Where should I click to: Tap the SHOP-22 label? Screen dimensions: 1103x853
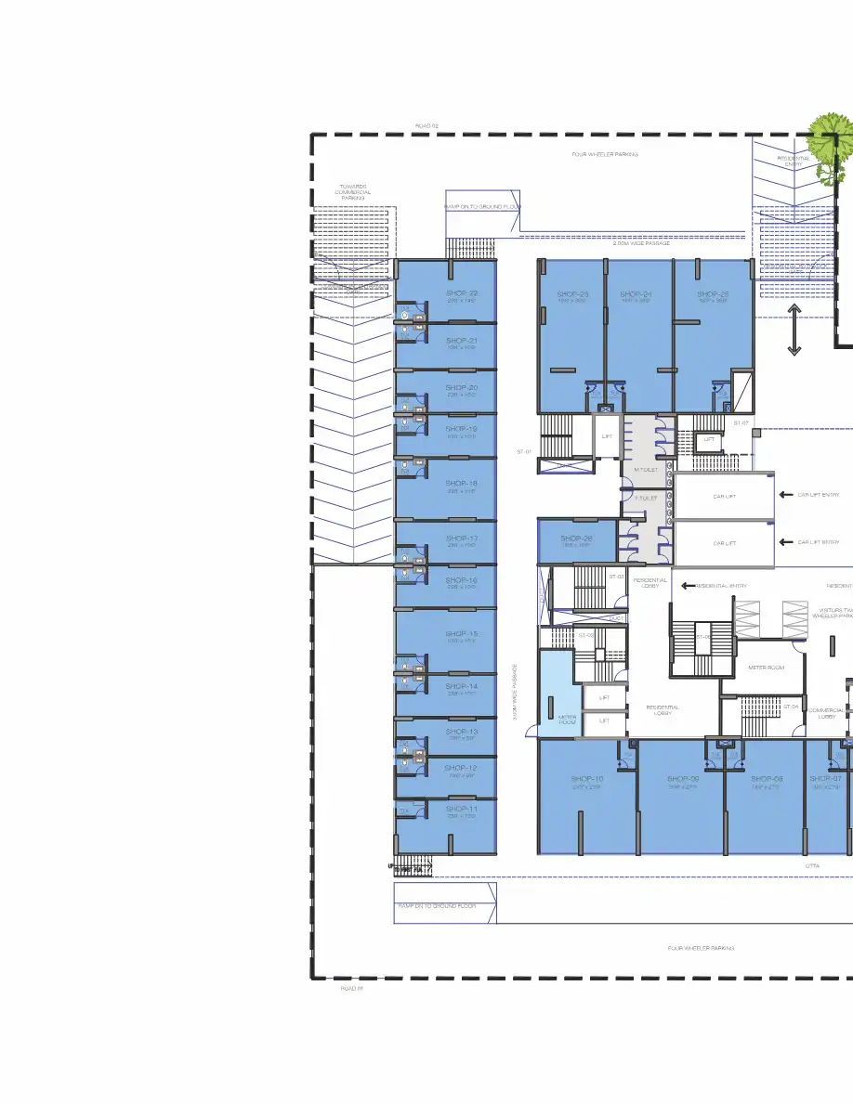click(x=461, y=293)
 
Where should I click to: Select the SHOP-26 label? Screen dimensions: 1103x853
click(x=576, y=539)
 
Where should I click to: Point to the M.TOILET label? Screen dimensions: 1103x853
click(x=646, y=470)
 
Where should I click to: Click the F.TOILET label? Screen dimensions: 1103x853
click(x=646, y=499)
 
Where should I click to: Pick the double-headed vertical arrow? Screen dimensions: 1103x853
click(x=794, y=330)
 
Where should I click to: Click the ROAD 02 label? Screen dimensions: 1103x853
click(x=426, y=125)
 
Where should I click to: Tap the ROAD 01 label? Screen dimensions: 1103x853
click(x=352, y=989)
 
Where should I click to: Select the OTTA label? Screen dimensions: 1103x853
click(x=812, y=865)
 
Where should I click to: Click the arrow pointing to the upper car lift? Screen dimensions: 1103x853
click(x=786, y=495)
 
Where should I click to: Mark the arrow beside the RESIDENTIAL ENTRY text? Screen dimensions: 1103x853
click(x=688, y=586)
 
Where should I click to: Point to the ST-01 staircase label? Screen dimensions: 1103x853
click(x=523, y=451)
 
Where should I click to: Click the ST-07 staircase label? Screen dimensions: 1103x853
click(x=741, y=423)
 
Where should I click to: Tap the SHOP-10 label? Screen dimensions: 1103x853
click(x=587, y=778)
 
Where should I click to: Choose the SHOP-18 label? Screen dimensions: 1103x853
click(x=461, y=484)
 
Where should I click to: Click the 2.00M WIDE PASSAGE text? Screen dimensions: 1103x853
click(x=641, y=243)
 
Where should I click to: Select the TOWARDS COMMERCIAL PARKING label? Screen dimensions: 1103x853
click(x=352, y=192)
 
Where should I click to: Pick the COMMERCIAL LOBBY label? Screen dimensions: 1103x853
click(x=826, y=713)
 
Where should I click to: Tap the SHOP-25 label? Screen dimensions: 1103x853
click(x=713, y=294)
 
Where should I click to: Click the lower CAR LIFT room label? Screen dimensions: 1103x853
click(x=725, y=543)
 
